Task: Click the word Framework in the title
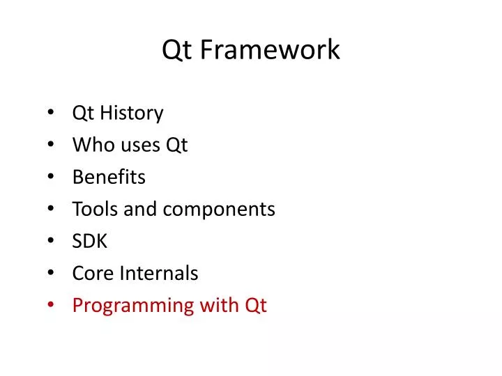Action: point(271,50)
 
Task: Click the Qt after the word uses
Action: point(176,146)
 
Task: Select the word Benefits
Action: point(109,177)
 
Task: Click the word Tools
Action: point(95,209)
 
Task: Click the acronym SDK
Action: point(90,241)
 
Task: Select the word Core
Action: point(93,274)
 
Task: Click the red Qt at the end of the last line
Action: point(255,306)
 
